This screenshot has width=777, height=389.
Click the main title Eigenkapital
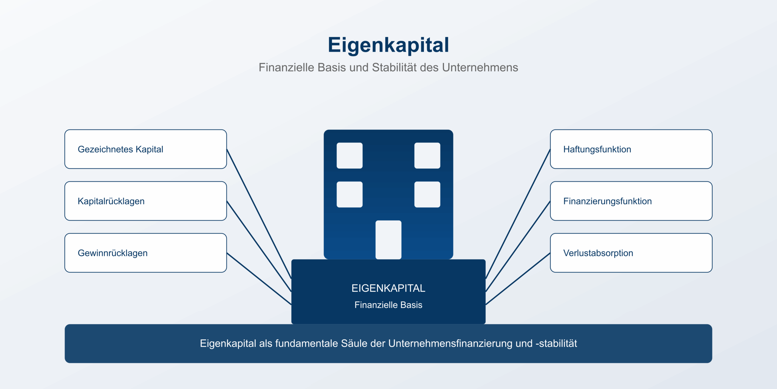point(388,45)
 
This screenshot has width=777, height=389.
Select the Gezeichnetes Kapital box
point(145,149)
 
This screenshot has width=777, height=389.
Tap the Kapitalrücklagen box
point(145,201)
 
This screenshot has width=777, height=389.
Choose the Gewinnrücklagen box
point(145,253)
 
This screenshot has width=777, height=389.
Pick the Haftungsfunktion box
point(631,149)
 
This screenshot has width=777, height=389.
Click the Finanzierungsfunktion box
point(631,201)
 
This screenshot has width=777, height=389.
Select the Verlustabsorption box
point(631,253)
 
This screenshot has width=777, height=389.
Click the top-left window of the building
point(350,156)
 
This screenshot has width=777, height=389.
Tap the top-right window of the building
point(427,156)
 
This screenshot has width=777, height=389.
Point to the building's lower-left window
point(350,194)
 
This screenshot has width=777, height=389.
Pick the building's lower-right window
point(427,194)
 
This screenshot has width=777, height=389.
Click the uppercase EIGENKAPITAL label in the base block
point(388,288)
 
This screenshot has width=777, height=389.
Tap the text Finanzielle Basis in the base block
point(388,305)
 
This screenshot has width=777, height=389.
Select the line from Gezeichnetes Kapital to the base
point(259,214)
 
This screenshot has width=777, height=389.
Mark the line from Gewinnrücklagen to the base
point(259,279)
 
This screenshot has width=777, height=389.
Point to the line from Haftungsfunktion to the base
point(518,214)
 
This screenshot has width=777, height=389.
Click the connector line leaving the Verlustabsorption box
point(518,279)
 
